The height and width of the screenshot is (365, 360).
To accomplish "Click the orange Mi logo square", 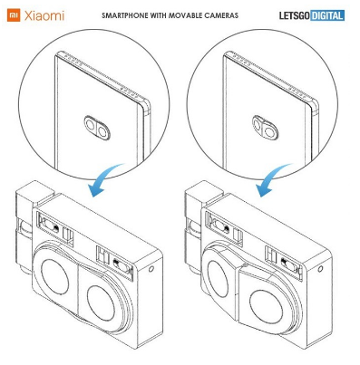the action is [x=14, y=15].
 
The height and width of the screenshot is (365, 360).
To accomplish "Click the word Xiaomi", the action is [x=44, y=15].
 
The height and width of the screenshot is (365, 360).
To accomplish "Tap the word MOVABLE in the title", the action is [x=183, y=15].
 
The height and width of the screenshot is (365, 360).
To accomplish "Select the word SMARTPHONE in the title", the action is [x=123, y=15].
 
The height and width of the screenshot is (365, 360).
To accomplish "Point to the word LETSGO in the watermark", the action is [x=295, y=15].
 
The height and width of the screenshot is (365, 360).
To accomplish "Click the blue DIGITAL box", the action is [x=327, y=15].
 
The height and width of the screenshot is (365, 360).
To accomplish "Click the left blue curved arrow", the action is [x=104, y=180].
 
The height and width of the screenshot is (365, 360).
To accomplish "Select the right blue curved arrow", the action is [x=272, y=180].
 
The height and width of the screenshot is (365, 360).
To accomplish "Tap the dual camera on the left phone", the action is [x=97, y=128].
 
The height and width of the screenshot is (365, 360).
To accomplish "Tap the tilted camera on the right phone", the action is [x=265, y=128].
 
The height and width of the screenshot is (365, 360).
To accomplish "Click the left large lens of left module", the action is [x=55, y=276].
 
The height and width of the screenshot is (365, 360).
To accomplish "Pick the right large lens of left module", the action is [x=101, y=303].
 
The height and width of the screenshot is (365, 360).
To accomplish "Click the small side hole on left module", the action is [x=151, y=268].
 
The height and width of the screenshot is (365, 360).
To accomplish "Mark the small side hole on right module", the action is [x=320, y=268].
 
